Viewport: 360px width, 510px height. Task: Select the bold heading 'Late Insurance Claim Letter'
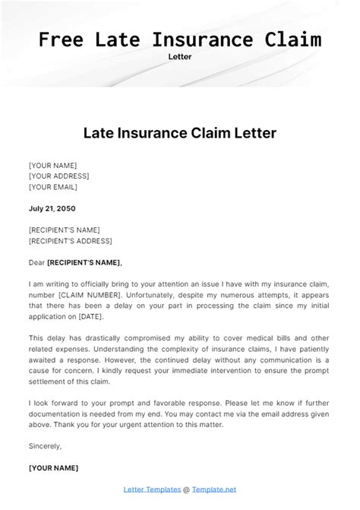click(179, 133)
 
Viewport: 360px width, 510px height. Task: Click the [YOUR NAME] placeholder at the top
click(52, 165)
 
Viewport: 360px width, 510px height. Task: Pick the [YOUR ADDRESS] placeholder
click(59, 176)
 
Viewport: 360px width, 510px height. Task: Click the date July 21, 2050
click(52, 207)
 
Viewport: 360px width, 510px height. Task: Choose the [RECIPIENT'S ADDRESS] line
click(70, 241)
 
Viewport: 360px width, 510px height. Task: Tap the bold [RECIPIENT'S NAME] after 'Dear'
click(84, 262)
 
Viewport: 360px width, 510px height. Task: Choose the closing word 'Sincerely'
click(45, 446)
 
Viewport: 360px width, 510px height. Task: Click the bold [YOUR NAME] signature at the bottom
click(52, 467)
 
